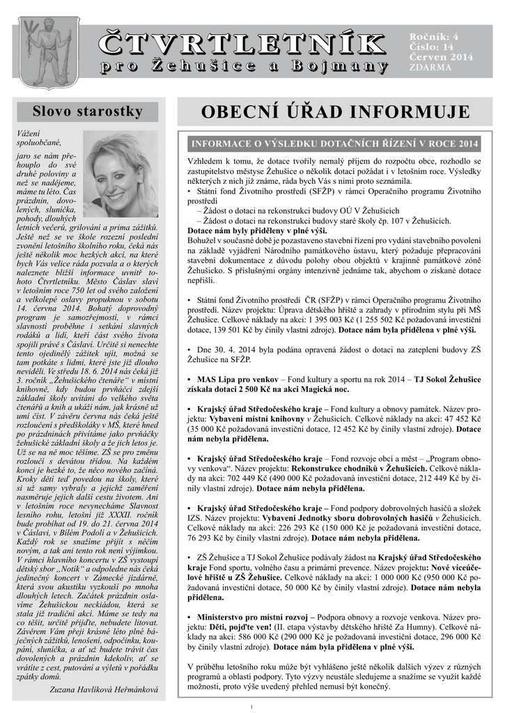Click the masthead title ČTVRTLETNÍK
[242, 42]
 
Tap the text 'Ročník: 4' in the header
[434, 35]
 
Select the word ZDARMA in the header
[430, 67]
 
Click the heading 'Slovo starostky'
[88, 111]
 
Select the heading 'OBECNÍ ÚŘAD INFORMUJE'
[334, 113]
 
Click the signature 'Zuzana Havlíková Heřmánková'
[104, 689]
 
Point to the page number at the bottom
[251, 707]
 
